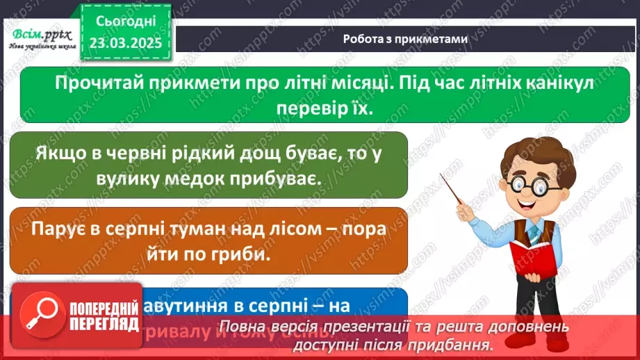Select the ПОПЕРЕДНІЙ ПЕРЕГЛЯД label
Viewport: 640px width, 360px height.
coord(103,317)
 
